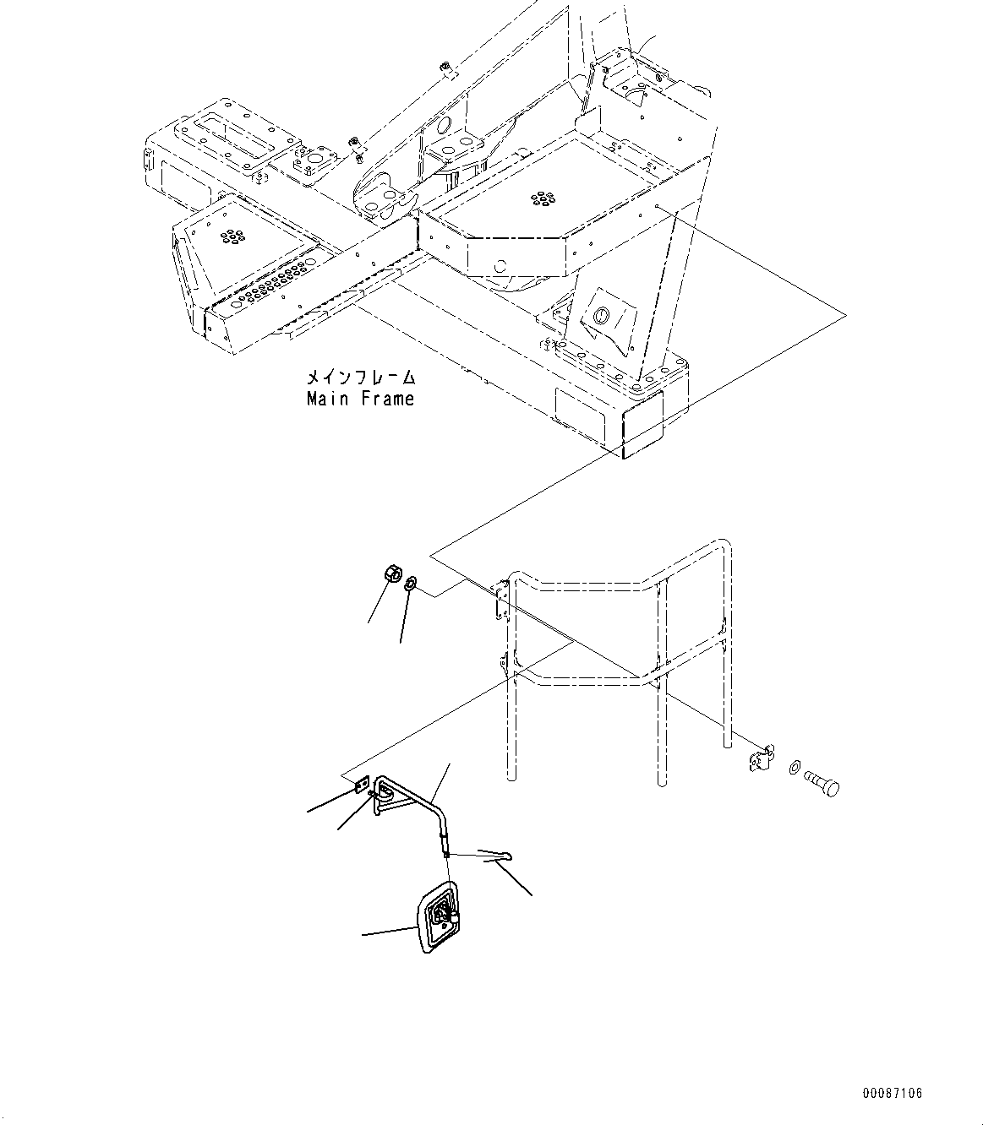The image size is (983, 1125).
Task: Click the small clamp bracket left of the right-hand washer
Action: coord(761,758)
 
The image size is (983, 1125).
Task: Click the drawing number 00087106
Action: coord(893,1093)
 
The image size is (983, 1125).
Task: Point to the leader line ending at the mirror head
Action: coord(389,932)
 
